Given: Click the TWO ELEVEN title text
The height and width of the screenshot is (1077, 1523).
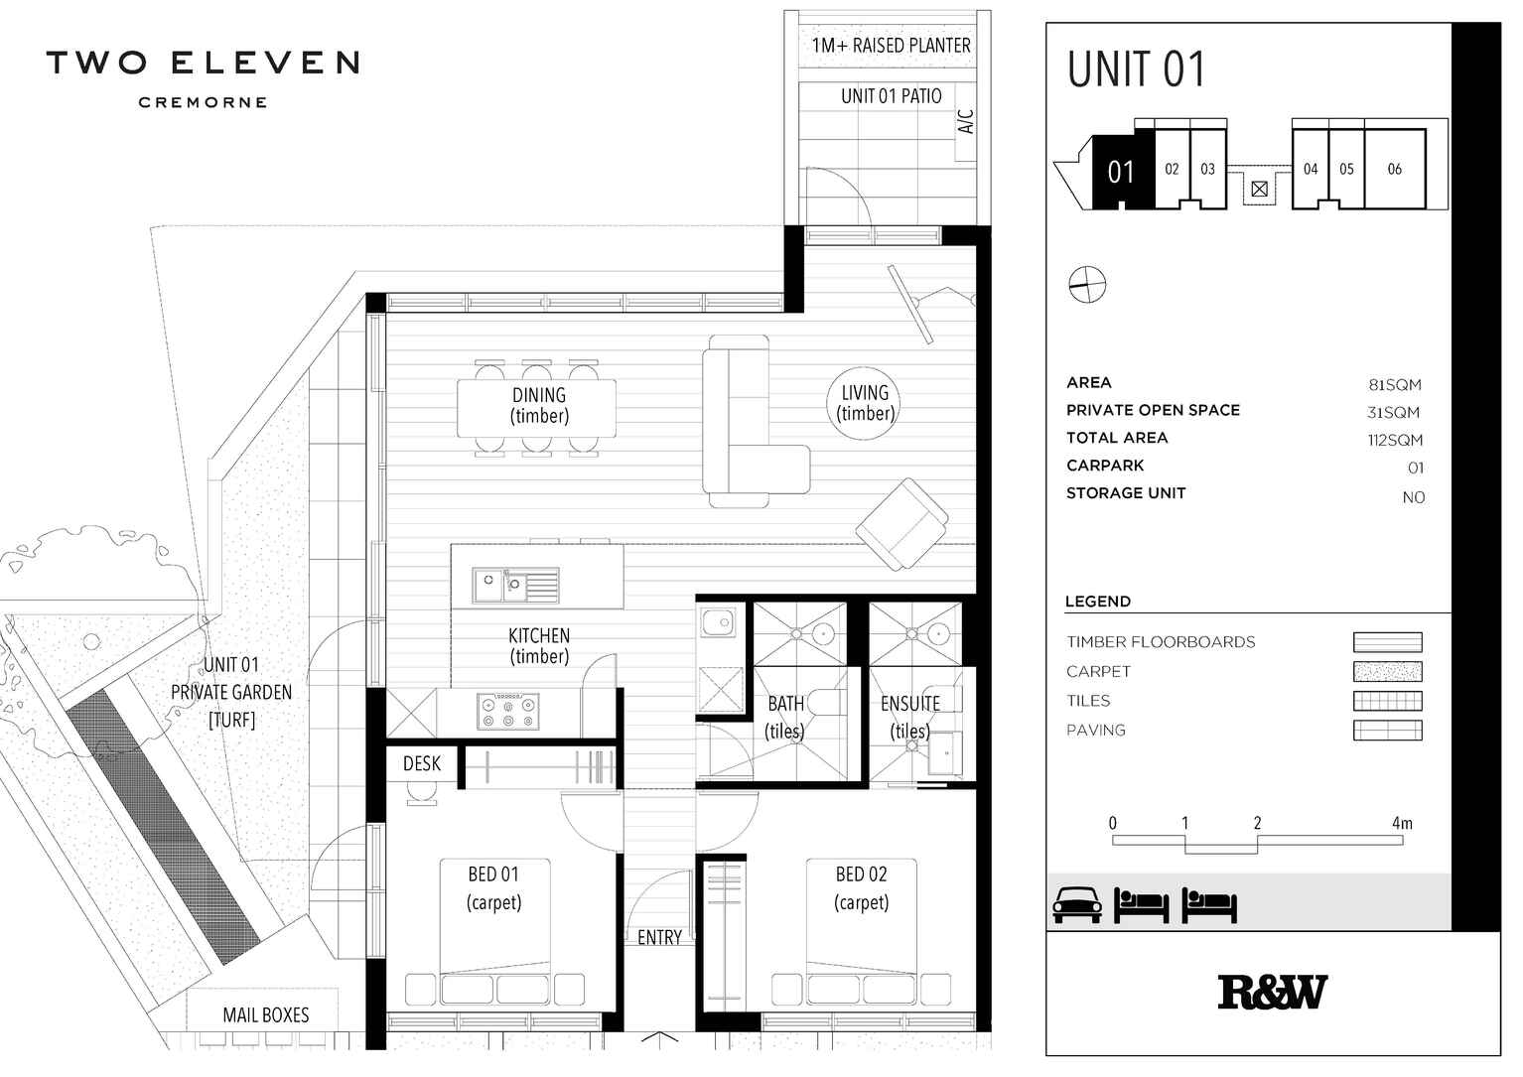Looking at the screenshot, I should pyautogui.click(x=203, y=64).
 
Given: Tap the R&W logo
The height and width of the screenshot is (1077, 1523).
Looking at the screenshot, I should pyautogui.click(x=1272, y=992).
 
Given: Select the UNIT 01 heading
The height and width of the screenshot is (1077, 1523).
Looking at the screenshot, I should pyautogui.click(x=1136, y=69).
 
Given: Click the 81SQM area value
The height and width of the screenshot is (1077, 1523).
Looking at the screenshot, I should pyautogui.click(x=1394, y=385).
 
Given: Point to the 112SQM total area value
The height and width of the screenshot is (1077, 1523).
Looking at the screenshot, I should pyautogui.click(x=1394, y=440).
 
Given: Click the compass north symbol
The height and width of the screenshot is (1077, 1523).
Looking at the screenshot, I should pyautogui.click(x=1087, y=285).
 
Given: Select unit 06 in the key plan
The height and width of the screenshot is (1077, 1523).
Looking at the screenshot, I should pyautogui.click(x=1394, y=169).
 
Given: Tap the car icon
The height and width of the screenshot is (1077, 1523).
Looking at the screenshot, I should pyautogui.click(x=1077, y=904).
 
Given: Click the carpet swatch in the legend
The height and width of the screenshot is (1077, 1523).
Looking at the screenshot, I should pyautogui.click(x=1387, y=672).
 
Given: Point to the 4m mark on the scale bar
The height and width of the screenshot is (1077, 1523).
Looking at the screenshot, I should pyautogui.click(x=1401, y=823).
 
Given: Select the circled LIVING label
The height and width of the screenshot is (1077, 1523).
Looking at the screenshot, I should pyautogui.click(x=865, y=402).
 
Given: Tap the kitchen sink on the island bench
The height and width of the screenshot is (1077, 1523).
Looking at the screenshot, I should pyautogui.click(x=514, y=586).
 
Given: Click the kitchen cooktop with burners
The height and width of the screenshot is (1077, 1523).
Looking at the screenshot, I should pyautogui.click(x=508, y=711).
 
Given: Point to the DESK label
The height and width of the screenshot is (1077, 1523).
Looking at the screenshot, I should pyautogui.click(x=422, y=763).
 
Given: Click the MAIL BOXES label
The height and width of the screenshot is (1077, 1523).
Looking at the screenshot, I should pyautogui.click(x=265, y=1014).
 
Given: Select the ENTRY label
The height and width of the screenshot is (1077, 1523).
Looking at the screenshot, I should pyautogui.click(x=659, y=937).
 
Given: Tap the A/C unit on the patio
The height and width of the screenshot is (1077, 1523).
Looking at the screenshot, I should pyautogui.click(x=966, y=121).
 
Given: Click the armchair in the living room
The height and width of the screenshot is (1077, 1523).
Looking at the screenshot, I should pyautogui.click(x=901, y=523).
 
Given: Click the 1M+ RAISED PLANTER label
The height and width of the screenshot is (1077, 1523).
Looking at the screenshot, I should pyautogui.click(x=891, y=46).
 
